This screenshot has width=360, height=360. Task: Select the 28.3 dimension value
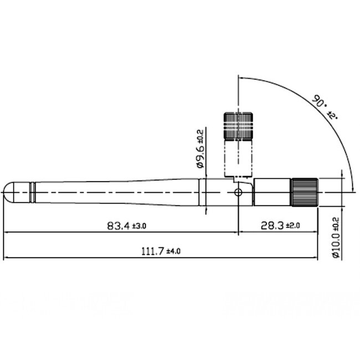click(x=271, y=225)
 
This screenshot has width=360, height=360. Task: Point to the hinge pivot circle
click(x=238, y=192)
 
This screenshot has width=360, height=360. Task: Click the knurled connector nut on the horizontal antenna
click(x=305, y=192)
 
